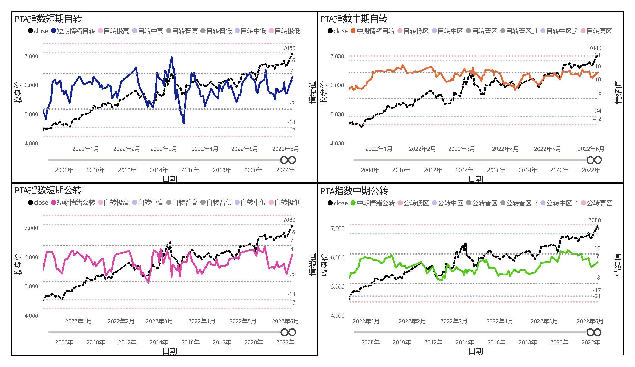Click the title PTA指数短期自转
point(48,19)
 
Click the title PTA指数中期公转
point(354,191)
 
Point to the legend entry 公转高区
point(599,203)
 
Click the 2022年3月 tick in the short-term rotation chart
point(164,149)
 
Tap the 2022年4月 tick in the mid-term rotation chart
point(505,149)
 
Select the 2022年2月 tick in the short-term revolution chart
point(121,321)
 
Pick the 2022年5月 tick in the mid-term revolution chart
point(544,321)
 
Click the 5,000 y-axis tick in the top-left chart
point(31,114)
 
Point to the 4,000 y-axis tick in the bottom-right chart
point(337,316)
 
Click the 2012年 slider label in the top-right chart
point(433,170)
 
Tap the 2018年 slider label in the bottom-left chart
point(222,342)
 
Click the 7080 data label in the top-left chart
point(289,48)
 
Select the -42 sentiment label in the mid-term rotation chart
point(597,119)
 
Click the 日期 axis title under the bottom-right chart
point(476,351)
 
